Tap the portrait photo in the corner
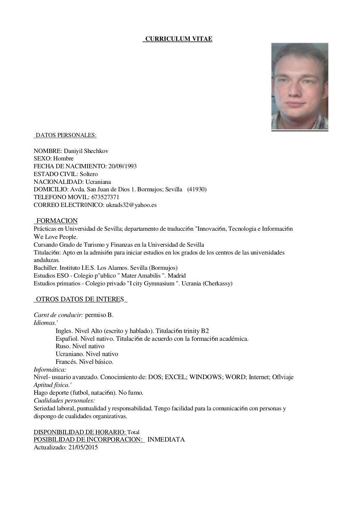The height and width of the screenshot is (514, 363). click(x=300, y=86)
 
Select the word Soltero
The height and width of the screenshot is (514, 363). click(x=89, y=174)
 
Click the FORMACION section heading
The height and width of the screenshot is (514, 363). click(x=57, y=221)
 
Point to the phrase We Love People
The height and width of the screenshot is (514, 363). click(x=56, y=237)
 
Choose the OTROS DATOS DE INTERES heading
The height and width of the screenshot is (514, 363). click(x=80, y=299)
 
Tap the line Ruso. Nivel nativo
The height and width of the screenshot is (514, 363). click(x=80, y=346)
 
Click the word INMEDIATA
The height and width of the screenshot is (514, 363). click(x=166, y=439)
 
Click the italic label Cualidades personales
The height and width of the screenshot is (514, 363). click(x=64, y=400)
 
